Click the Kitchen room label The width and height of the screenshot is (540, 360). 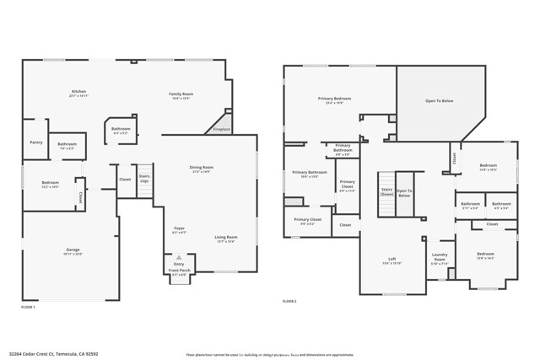pos(78,91)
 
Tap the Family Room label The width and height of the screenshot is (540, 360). pos(181,94)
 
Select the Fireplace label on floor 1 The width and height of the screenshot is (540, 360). pos(221,129)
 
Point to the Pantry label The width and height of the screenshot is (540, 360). pos(36,142)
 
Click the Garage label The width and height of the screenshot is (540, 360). pos(73,250)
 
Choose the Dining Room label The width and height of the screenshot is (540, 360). pos(201,167)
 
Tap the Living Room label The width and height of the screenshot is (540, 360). pos(225,237)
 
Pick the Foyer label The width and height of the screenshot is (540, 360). pos(179,228)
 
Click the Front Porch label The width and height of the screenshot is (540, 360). pos(180,271)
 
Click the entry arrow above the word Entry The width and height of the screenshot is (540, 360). pos(179,257)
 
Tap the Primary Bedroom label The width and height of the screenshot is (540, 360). pos(334,99)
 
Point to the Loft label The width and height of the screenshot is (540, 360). pos(391,259)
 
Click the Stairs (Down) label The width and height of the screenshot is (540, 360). pos(387,191)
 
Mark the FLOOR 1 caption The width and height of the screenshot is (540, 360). pos(28,307)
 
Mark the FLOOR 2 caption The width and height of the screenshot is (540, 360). pos(289,301)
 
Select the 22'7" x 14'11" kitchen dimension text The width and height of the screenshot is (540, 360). pos(78,96)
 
